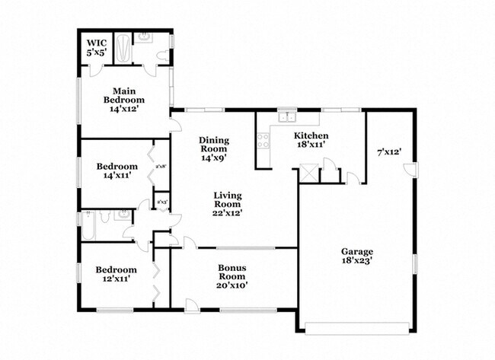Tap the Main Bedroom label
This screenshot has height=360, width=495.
(123, 99)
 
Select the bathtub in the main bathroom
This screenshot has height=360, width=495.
(122, 48)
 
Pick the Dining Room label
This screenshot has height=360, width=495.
(213, 148)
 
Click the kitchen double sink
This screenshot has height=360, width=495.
(287, 117)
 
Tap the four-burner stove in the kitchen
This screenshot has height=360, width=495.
(263, 140)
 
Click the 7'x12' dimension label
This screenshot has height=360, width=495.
(388, 152)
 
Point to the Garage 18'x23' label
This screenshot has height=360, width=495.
(356, 257)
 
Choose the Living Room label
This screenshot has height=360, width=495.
(227, 204)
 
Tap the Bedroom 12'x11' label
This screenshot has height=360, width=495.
(116, 274)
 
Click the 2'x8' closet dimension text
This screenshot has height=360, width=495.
(161, 165)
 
